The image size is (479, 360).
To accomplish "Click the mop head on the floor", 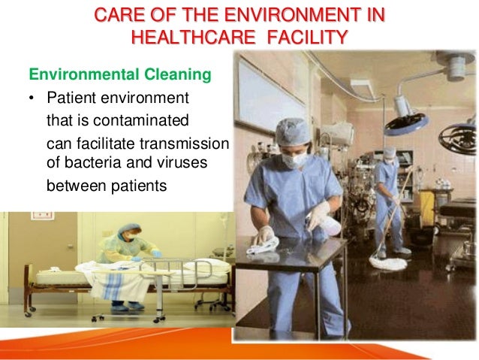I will coord(387,262).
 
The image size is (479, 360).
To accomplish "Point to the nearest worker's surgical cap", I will coord(291,132).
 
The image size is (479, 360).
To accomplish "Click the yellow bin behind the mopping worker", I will coord(426,203).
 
